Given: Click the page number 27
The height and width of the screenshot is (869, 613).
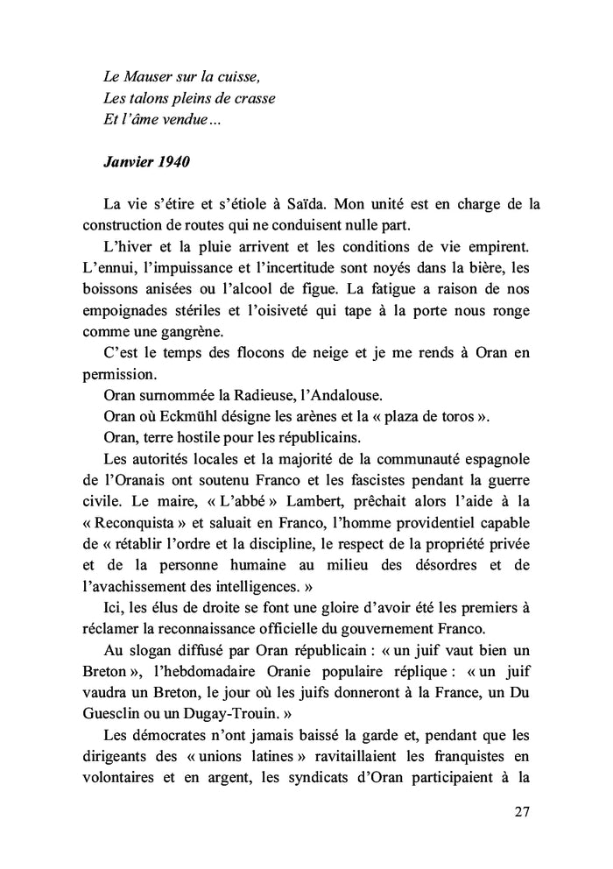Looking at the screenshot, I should [x=522, y=811].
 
